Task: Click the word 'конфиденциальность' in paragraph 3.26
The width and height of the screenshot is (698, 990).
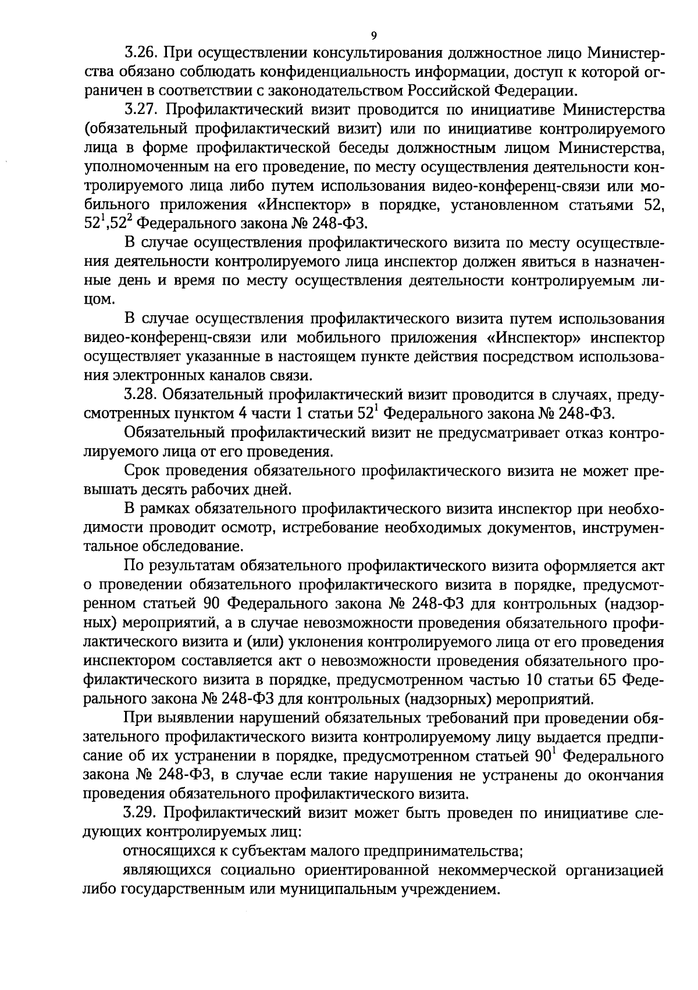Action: click(x=331, y=72)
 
